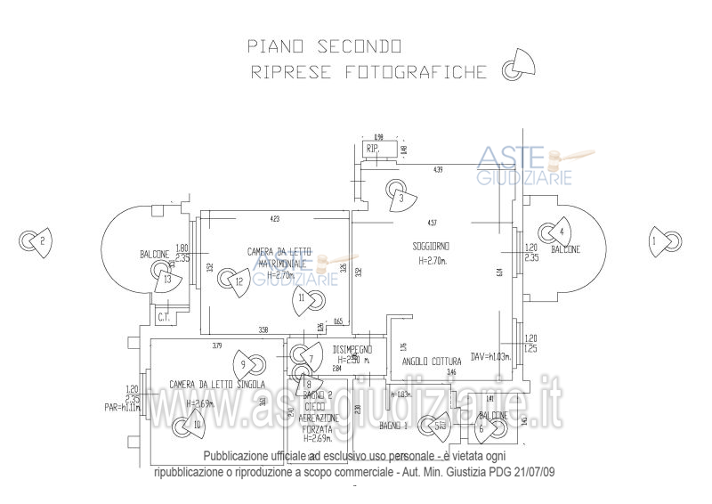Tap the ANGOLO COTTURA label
tap(432, 362)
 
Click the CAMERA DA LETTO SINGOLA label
tap(217, 385)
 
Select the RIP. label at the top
tap(373, 150)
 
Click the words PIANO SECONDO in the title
tap(325, 45)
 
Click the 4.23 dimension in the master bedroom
tap(274, 218)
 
